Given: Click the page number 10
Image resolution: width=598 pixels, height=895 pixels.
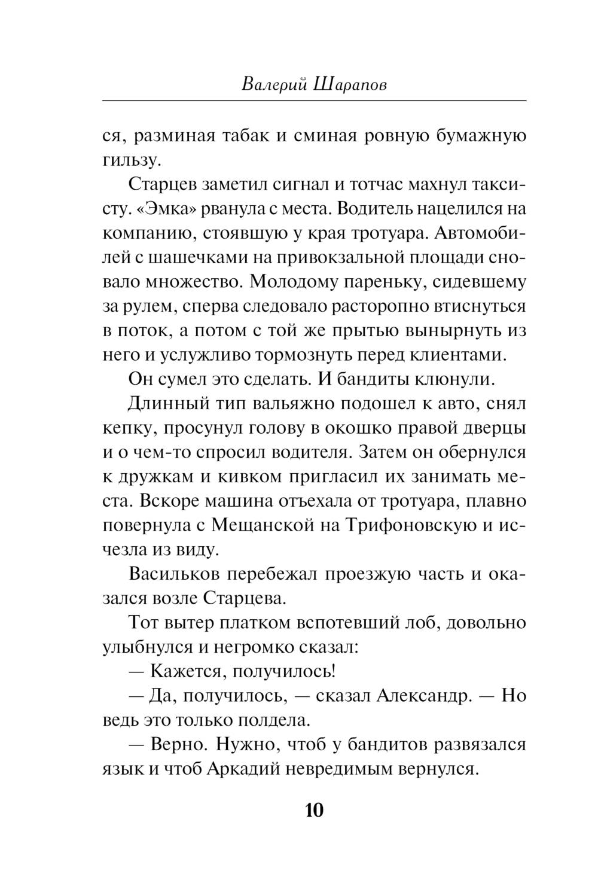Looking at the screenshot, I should pos(314,810).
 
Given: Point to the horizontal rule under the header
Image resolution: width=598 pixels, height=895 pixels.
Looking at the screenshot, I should pos(314,101).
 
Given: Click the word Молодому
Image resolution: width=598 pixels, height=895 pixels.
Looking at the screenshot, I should pos(297,282).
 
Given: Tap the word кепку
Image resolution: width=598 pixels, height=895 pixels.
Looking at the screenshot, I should pos(127,428).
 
